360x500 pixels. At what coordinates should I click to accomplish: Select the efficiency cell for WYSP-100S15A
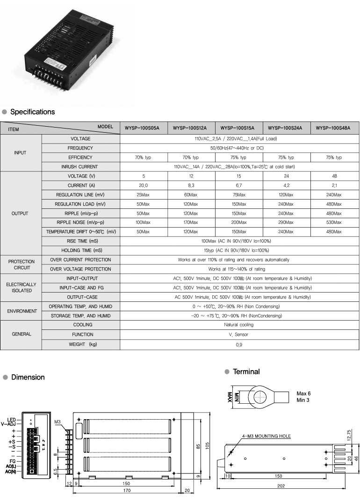(238, 157)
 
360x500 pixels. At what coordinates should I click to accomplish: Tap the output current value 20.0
(143, 186)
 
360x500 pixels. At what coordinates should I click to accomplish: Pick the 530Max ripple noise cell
(333, 222)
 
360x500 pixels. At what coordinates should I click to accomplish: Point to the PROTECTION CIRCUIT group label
(22, 264)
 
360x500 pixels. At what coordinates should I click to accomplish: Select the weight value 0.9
(239, 344)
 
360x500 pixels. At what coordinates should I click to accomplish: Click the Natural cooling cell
(239, 325)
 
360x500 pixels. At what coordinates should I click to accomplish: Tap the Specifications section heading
(32, 112)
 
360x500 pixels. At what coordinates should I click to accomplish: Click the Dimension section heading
(28, 377)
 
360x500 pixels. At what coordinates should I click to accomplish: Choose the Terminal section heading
(246, 372)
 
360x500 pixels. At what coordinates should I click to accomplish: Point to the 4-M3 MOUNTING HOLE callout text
(266, 436)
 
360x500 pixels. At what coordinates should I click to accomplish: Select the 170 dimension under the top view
(126, 491)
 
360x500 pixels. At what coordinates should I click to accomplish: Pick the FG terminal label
(13, 461)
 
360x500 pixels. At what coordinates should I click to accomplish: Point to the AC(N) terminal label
(11, 471)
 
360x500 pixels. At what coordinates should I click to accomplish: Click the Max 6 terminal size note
(303, 393)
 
